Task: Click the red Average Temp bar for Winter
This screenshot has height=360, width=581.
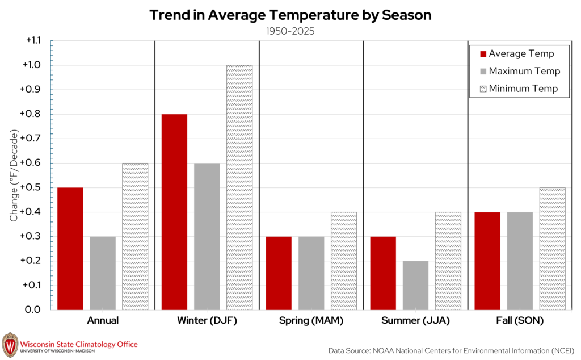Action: click(174, 212)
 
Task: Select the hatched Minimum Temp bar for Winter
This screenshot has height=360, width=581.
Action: click(239, 187)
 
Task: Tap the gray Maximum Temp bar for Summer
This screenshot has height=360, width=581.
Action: click(415, 286)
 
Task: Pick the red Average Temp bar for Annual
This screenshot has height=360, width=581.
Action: click(70, 249)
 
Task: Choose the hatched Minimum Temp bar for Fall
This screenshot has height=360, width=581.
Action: click(553, 249)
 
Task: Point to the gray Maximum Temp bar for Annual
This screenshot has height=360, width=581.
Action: click(103, 273)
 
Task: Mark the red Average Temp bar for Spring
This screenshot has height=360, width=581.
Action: click(279, 273)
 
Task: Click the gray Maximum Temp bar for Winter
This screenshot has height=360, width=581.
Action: click(207, 237)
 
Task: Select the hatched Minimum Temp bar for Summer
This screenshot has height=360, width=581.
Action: click(448, 261)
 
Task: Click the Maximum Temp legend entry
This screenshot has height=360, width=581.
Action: click(520, 71)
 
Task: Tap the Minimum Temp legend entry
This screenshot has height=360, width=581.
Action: click(519, 89)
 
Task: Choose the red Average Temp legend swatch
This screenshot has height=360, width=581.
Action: click(483, 54)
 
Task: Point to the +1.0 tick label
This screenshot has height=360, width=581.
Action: click(32, 65)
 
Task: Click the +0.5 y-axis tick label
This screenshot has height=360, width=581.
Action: click(30, 187)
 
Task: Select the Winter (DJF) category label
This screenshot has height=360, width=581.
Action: click(207, 320)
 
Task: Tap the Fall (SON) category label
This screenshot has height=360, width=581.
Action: click(520, 320)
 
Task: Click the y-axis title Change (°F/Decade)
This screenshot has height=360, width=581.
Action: click(14, 175)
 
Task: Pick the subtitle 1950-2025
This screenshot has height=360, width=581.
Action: click(290, 31)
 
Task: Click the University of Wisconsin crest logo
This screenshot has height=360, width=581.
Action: click(10, 345)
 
